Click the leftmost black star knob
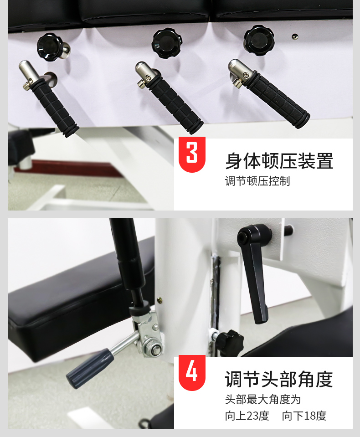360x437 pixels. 50,47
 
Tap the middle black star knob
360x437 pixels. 167,43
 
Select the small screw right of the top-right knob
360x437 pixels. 295,36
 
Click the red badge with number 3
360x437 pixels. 192,154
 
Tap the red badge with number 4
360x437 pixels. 192,373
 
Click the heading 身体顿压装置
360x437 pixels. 279,161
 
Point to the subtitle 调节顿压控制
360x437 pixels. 257,181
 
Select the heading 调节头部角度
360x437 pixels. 279,379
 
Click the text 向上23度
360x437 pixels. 247,416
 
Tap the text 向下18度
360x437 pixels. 304,416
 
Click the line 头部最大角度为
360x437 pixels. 263,399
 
